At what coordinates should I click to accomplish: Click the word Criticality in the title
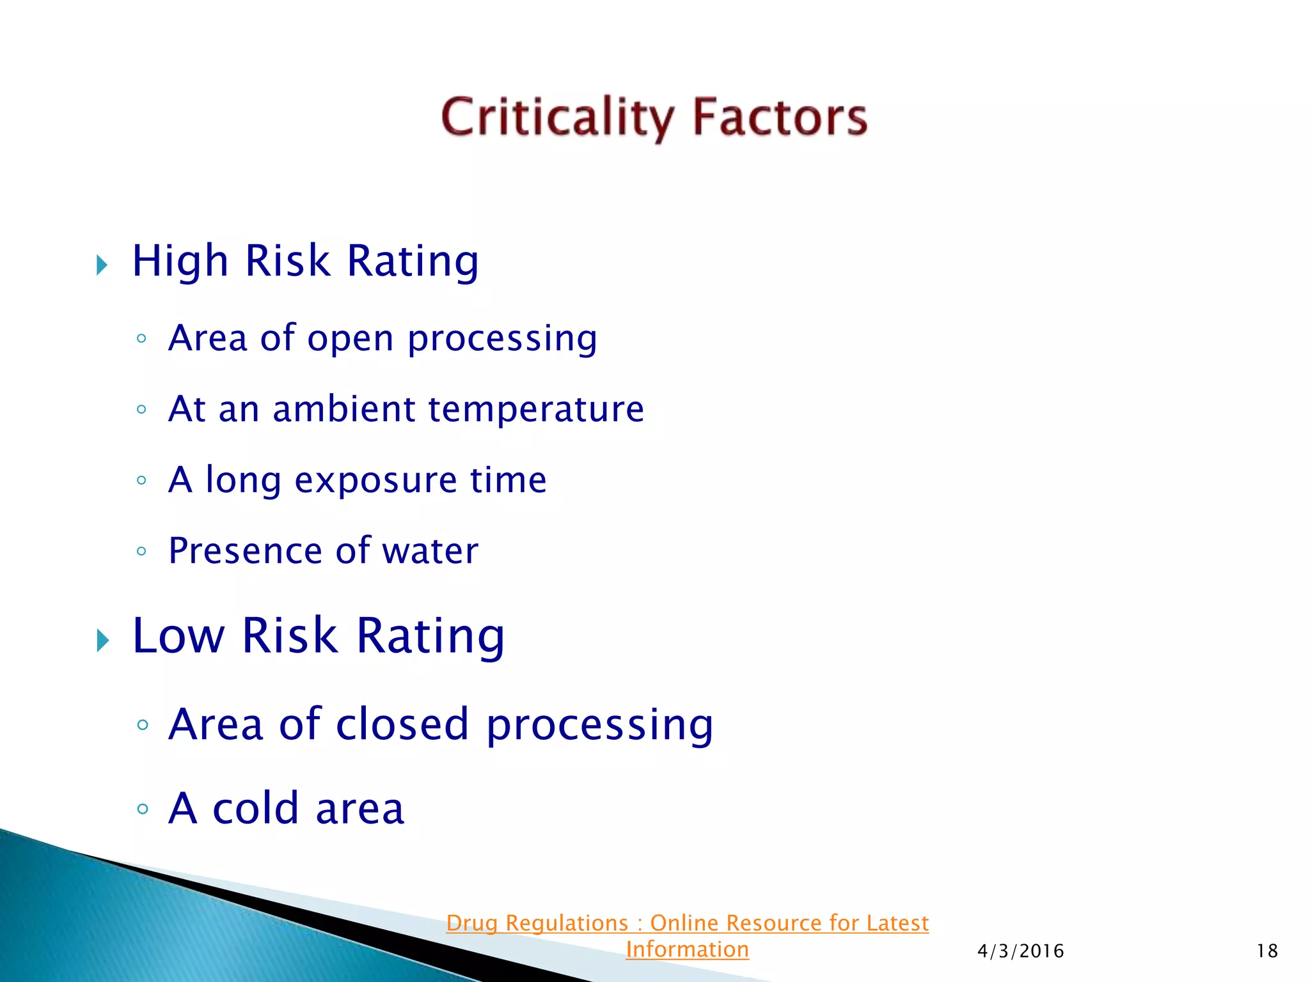[x=557, y=118]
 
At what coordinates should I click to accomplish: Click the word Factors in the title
[x=780, y=118]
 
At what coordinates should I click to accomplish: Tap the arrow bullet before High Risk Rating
[x=102, y=265]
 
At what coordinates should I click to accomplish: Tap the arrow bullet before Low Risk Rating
[x=102, y=640]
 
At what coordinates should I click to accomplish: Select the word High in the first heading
[x=180, y=261]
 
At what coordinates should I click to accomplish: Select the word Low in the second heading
[x=178, y=636]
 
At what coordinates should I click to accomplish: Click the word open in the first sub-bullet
[x=350, y=339]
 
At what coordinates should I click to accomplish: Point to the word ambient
[x=344, y=409]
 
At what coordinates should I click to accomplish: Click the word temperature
[x=536, y=410]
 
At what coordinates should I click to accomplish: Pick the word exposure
[x=375, y=481]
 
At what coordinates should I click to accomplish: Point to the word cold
[x=256, y=809]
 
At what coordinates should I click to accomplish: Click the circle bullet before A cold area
[x=143, y=809]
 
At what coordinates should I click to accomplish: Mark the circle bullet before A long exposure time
[x=142, y=480]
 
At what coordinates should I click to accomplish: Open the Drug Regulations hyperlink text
[x=687, y=923]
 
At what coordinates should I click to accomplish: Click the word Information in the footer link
[x=687, y=949]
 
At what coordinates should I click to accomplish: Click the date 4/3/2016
[x=1020, y=951]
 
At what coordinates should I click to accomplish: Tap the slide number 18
[x=1267, y=951]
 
